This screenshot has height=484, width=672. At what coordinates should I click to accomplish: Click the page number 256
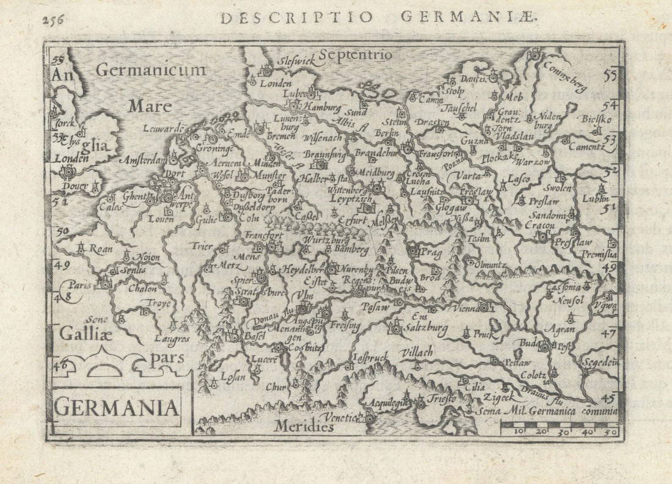[x=53, y=19]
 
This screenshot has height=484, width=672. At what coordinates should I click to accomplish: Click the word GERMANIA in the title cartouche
[x=117, y=407]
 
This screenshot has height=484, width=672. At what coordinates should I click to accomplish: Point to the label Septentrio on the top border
[x=356, y=56]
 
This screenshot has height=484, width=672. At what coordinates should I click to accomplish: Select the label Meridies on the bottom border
[x=303, y=427]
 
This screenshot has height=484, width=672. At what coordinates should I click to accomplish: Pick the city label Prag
[x=431, y=251]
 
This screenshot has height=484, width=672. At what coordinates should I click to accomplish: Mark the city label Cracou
[x=539, y=225]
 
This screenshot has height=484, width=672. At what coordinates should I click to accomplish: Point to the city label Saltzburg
[x=426, y=328]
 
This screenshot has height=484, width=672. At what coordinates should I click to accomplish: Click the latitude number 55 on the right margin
[x=609, y=76]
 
